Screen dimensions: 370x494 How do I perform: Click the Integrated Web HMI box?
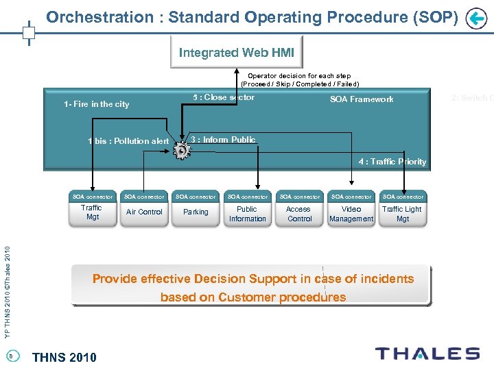click(236, 52)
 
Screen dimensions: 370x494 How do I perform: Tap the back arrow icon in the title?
click(475, 18)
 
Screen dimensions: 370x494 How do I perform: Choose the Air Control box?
click(144, 212)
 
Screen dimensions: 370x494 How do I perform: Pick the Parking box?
click(196, 212)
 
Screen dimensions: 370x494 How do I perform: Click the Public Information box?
click(248, 214)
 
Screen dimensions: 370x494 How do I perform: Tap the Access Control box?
click(299, 214)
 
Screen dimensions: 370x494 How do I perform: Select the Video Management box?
click(351, 214)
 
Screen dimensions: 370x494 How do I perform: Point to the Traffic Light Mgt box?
click(403, 214)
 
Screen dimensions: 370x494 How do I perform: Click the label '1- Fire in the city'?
click(96, 104)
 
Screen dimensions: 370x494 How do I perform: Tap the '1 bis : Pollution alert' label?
click(128, 141)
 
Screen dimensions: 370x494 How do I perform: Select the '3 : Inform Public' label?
click(223, 140)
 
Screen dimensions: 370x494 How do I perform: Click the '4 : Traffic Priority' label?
click(392, 162)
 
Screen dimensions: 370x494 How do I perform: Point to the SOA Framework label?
click(362, 99)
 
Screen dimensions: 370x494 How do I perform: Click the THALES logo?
click(427, 354)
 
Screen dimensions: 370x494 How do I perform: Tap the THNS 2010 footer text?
click(64, 356)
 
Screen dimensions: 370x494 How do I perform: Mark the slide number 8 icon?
click(11, 355)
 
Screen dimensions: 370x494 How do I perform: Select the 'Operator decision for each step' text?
click(299, 76)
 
